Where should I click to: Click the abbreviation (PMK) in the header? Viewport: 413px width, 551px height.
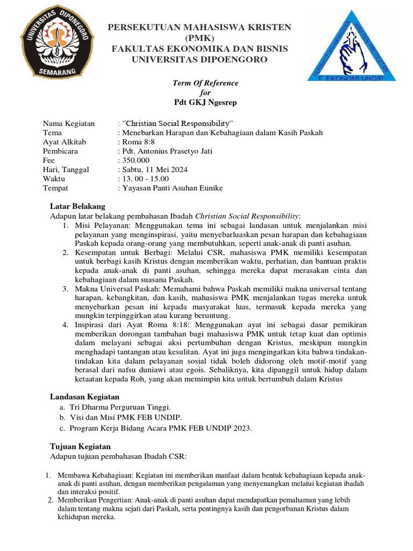[200, 38]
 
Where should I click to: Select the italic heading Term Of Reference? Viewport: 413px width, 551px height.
[205, 83]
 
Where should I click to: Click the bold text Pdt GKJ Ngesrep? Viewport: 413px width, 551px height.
[205, 102]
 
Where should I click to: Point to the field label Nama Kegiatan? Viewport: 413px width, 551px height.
[68, 123]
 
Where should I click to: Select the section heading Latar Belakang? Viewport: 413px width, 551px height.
[77, 206]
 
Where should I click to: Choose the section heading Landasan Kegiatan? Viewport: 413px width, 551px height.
[85, 397]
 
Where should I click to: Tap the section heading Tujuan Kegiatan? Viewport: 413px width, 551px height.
[80, 446]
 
